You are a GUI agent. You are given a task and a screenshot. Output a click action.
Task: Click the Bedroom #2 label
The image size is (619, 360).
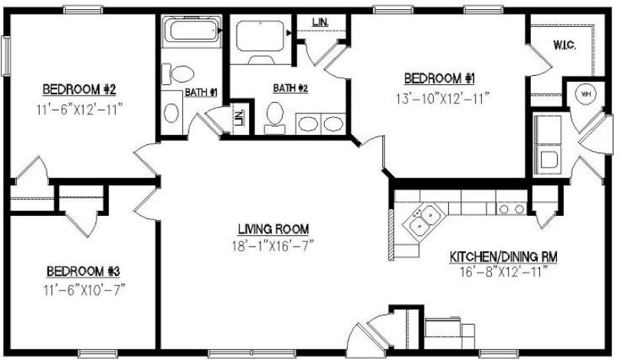79,87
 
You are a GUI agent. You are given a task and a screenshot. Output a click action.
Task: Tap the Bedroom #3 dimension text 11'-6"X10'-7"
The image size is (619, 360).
85,289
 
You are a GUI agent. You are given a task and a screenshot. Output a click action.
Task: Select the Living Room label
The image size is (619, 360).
273,228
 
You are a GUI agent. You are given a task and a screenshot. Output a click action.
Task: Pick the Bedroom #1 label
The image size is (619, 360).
440,78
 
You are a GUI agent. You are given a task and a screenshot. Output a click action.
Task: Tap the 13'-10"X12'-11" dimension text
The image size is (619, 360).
442,97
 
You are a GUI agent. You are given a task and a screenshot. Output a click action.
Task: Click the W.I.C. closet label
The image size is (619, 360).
564,45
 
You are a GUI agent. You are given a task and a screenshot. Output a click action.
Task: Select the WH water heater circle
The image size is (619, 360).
586,94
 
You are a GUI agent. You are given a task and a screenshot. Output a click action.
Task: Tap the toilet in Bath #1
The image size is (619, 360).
181,75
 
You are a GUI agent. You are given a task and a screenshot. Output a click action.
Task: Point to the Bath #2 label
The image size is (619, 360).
290,88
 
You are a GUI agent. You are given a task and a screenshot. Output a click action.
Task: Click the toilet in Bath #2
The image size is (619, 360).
273,116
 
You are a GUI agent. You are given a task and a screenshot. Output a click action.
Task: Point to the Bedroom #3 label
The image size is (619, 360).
83,271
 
